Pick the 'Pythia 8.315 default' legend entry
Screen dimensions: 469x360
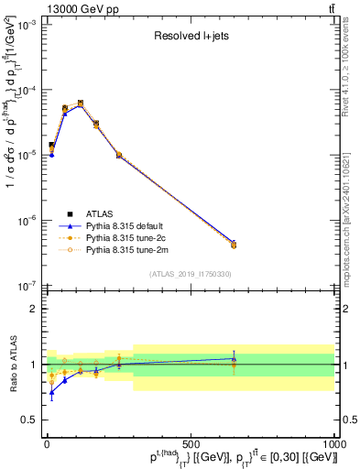(127, 225)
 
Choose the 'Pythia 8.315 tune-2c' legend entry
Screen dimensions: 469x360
(127, 237)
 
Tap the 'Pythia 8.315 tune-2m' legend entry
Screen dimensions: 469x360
(127, 249)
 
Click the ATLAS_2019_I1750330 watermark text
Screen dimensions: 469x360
(191, 274)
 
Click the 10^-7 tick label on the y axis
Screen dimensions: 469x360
(27, 285)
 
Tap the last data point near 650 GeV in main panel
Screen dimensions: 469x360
(234, 245)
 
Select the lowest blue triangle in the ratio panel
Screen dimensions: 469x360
(51, 392)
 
